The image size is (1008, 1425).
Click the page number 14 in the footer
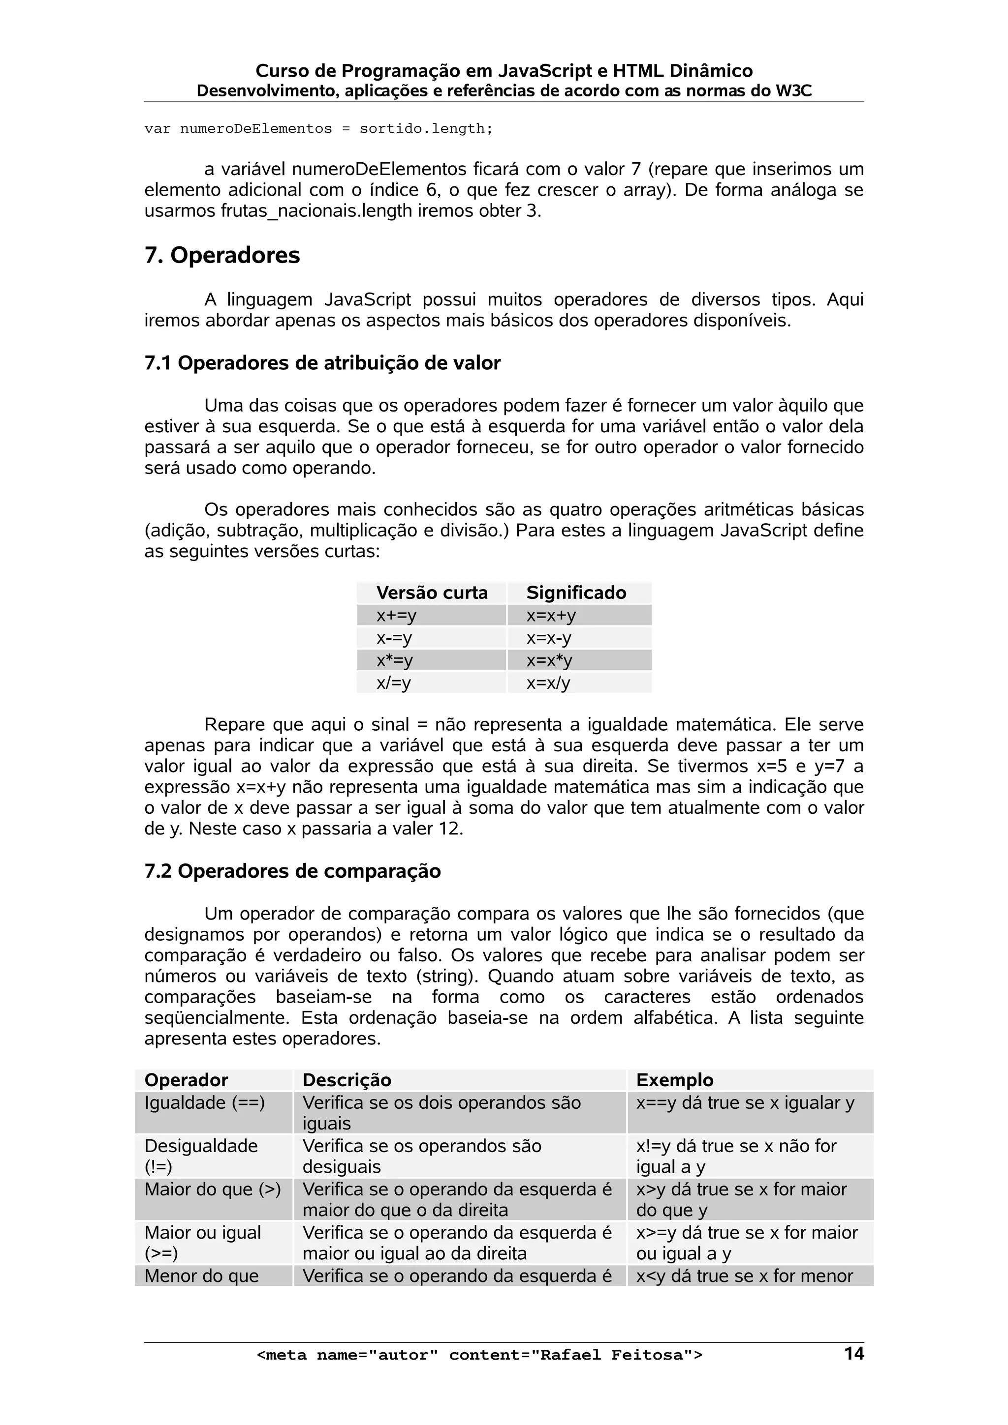click(854, 1353)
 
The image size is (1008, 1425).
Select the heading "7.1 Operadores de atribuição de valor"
click(322, 363)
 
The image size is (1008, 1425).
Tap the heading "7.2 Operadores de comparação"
click(292, 871)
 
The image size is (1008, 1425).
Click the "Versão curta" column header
click(432, 593)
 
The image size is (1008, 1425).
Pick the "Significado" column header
click(576, 593)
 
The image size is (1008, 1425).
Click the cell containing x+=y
click(396, 616)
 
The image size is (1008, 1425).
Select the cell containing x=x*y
click(549, 660)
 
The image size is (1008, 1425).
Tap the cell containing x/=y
click(394, 683)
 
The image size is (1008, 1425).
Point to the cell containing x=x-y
click(548, 638)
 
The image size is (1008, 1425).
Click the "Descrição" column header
click(346, 1080)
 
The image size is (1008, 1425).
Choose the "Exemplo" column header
click(674, 1080)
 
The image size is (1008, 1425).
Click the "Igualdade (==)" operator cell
click(204, 1103)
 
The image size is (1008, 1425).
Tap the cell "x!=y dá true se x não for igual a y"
click(735, 1156)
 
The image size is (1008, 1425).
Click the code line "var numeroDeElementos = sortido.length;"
click(318, 129)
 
